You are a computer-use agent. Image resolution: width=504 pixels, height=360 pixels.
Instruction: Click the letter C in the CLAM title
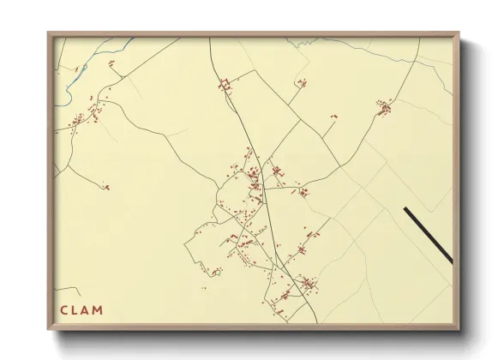click(x=64, y=310)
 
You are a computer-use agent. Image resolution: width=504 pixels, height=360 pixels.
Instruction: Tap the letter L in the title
click(x=75, y=310)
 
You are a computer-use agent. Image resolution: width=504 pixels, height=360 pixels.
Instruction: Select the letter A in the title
click(x=86, y=310)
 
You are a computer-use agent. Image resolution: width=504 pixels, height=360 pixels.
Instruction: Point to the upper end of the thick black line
click(x=405, y=208)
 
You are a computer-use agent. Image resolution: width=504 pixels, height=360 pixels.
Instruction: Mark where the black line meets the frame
click(x=451, y=261)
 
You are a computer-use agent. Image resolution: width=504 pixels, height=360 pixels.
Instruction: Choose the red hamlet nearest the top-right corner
click(x=384, y=107)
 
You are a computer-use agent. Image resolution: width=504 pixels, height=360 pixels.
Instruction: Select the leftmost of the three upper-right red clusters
click(x=301, y=83)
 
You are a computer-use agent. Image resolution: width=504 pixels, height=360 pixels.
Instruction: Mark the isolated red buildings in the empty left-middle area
click(x=105, y=186)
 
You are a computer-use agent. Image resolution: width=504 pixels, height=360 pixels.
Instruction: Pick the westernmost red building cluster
click(x=77, y=120)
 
